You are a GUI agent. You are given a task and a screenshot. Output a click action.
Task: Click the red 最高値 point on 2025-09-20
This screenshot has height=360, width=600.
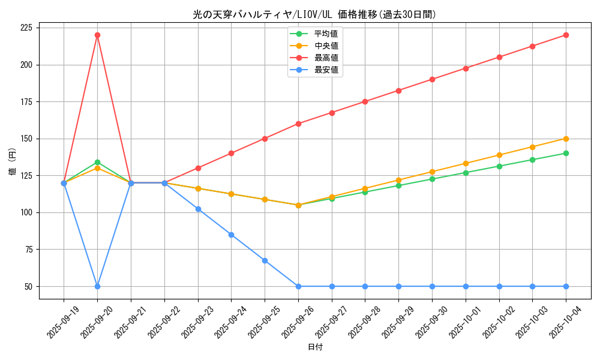click(97, 35)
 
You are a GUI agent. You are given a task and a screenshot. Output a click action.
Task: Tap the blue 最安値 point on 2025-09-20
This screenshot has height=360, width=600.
click(97, 286)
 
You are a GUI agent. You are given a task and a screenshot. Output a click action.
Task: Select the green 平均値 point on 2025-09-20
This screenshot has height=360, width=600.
click(97, 162)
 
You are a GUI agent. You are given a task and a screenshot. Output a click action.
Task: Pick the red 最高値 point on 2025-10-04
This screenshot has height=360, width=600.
click(566, 35)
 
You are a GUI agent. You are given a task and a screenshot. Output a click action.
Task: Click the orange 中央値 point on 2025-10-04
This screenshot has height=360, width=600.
click(566, 139)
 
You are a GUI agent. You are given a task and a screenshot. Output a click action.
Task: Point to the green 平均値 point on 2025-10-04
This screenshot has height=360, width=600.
click(566, 153)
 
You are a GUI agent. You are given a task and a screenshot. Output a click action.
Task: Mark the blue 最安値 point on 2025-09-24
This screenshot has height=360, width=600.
click(231, 235)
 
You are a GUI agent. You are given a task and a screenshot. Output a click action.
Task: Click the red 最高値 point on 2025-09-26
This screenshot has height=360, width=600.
click(298, 124)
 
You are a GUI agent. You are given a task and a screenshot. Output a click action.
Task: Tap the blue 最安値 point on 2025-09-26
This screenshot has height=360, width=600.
click(298, 286)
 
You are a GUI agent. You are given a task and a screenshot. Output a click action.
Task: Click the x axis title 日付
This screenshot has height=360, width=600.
click(315, 347)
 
